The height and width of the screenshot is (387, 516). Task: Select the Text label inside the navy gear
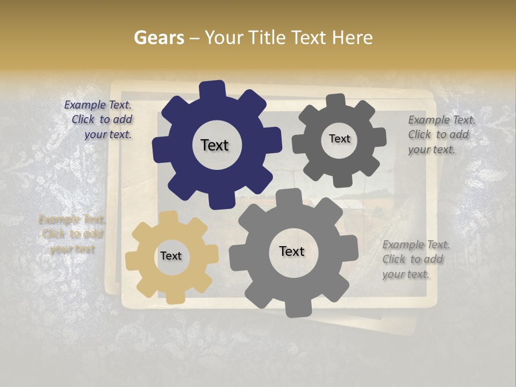tap(214, 145)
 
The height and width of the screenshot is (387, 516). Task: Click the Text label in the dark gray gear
tap(339, 139)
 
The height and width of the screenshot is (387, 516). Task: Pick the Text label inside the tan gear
tap(170, 256)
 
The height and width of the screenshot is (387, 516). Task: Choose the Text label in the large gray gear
tap(291, 251)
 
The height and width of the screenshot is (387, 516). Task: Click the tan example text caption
tap(72, 234)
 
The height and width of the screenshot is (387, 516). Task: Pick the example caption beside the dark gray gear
tap(441, 134)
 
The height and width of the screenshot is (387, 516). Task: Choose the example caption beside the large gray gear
tap(415, 259)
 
